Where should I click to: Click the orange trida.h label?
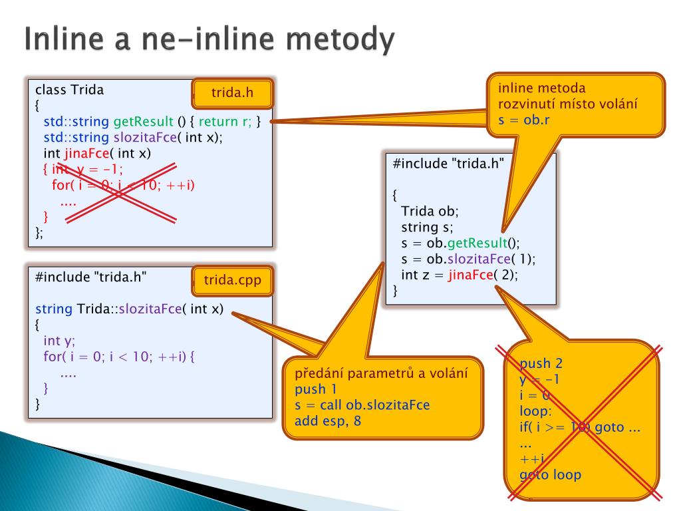[x=232, y=93]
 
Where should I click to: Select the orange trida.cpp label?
[x=232, y=281]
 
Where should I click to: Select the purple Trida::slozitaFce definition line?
[x=129, y=309]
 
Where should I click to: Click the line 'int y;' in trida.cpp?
[x=59, y=341]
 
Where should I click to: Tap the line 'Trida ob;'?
[x=430, y=212]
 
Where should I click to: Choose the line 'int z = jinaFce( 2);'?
[x=459, y=275]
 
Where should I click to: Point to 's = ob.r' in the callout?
[x=523, y=120]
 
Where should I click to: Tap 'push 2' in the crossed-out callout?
[x=541, y=363]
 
